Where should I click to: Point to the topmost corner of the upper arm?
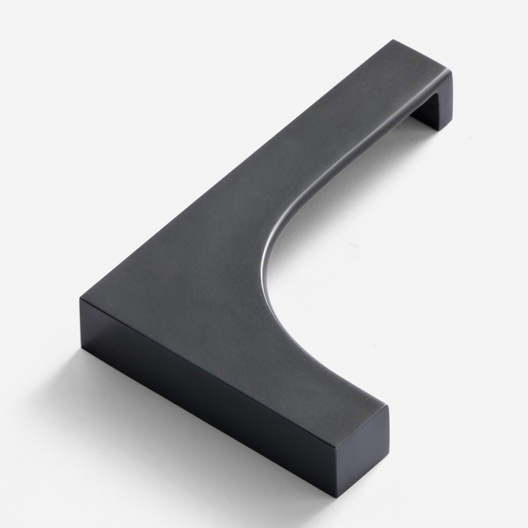[393, 40]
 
